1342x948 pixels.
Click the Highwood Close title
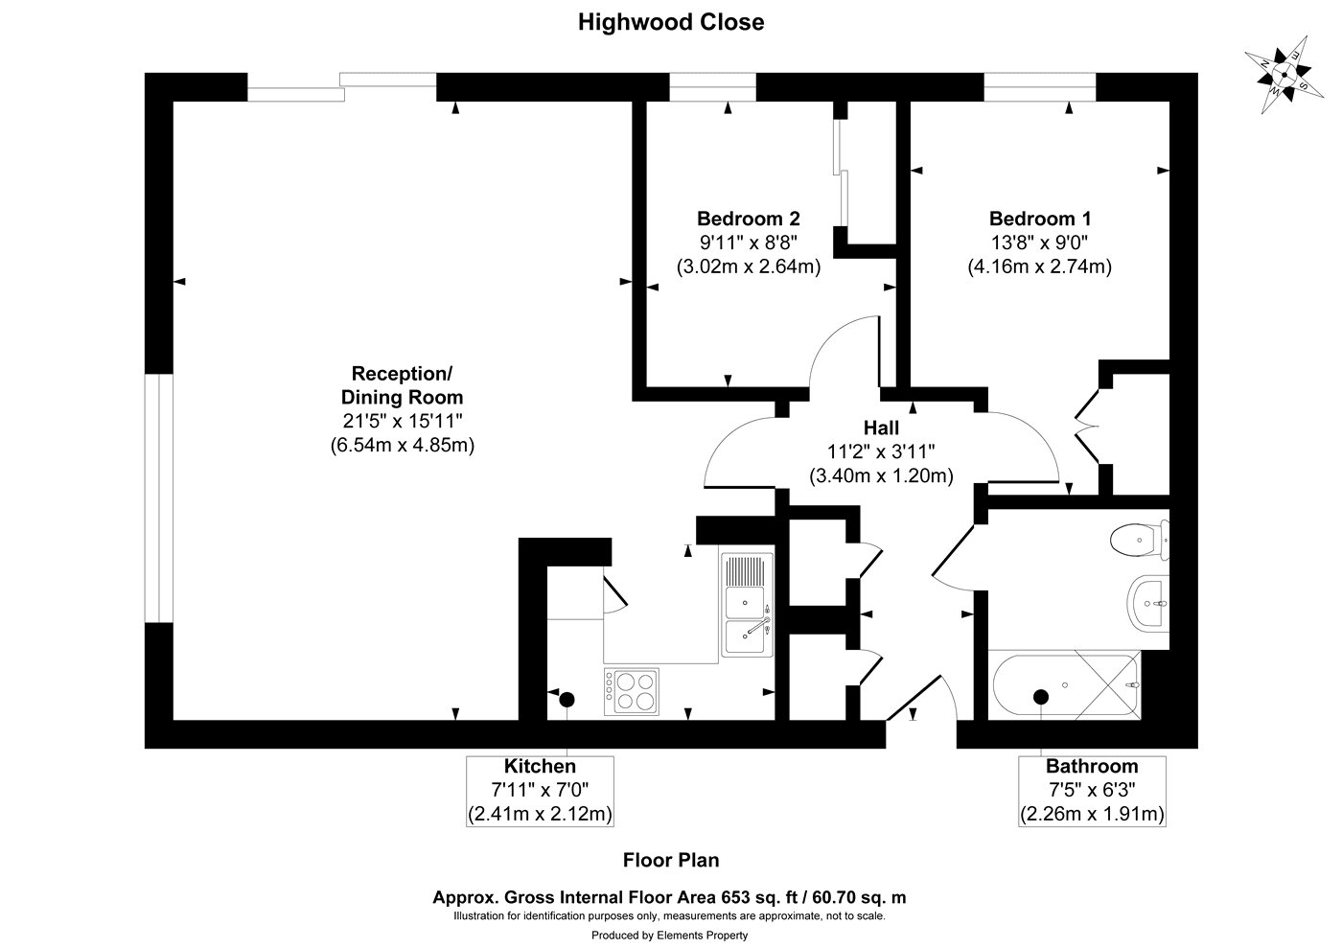click(x=670, y=22)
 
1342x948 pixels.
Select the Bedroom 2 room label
click(x=748, y=218)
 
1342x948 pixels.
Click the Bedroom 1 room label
click(x=1039, y=218)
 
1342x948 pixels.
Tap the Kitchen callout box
click(x=541, y=791)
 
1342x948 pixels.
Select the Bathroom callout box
click(x=1092, y=791)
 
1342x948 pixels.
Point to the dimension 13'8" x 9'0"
click(x=1039, y=243)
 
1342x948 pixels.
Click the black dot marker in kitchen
click(x=567, y=699)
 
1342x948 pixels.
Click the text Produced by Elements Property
click(x=669, y=935)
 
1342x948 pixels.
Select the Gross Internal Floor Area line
click(x=669, y=898)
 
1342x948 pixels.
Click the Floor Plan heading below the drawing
click(x=670, y=861)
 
